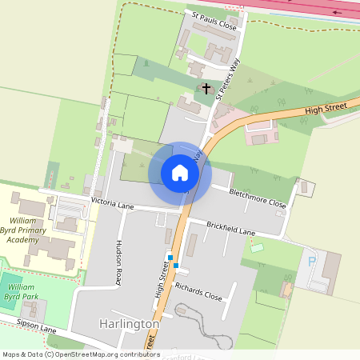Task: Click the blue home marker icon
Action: click(180, 173)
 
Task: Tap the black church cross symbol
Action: click(206, 88)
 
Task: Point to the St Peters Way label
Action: click(228, 78)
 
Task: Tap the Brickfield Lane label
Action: click(231, 228)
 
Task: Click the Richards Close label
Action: click(198, 290)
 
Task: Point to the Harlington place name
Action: click(130, 324)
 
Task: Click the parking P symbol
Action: click(311, 260)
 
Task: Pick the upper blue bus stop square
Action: click(170, 257)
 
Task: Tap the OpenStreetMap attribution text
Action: click(80, 354)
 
